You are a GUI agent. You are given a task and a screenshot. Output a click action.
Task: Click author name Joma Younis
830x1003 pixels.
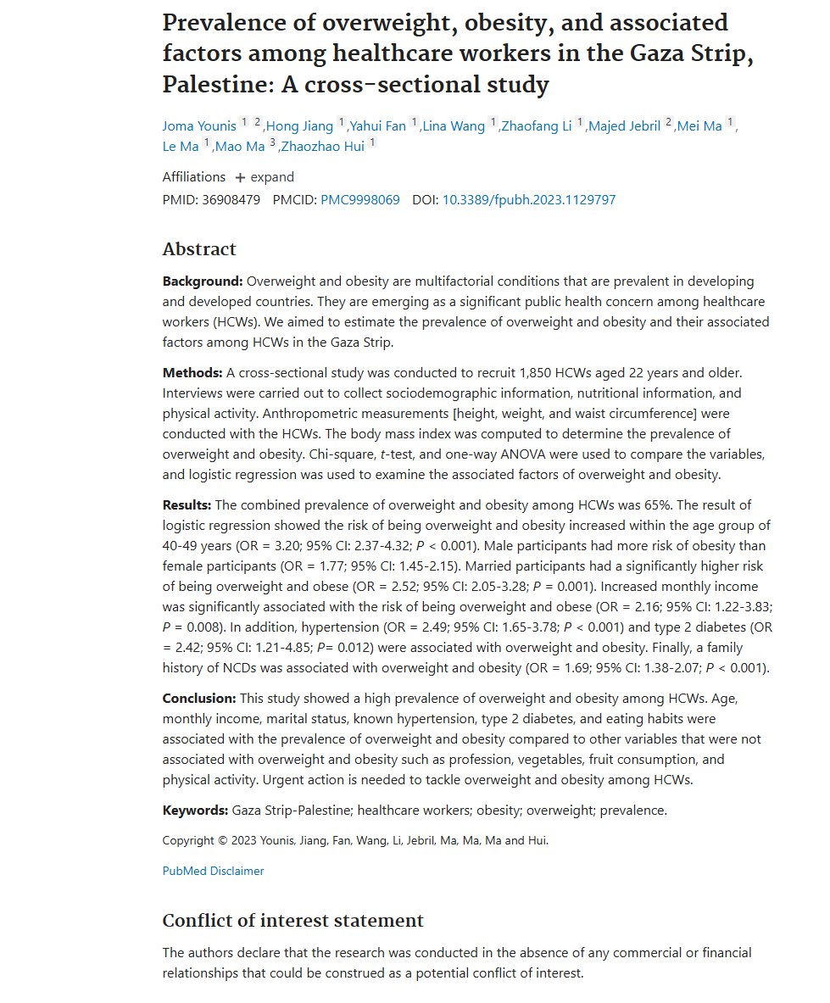coord(199,126)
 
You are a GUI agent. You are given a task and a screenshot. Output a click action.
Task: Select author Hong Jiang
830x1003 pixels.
coord(300,126)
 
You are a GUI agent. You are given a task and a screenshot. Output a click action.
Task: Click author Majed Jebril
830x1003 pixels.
coord(624,126)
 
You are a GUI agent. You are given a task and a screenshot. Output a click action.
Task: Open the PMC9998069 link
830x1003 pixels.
coord(360,200)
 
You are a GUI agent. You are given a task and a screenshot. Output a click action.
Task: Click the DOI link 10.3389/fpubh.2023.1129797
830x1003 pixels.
coord(529,200)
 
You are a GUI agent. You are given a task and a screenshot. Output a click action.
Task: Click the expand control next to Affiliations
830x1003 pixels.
coord(265,177)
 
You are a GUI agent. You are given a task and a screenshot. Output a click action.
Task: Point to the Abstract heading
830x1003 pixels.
coord(199,249)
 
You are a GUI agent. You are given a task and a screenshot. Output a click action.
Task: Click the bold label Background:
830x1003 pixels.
coord(203,281)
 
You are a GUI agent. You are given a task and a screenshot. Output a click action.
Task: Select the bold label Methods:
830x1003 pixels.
coord(192,373)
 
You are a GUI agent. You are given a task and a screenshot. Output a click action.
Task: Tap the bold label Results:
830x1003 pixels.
coord(187,505)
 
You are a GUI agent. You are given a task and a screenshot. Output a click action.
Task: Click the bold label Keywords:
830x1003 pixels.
coord(195,811)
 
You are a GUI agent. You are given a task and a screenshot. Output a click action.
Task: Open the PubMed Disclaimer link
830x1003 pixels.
coord(213,871)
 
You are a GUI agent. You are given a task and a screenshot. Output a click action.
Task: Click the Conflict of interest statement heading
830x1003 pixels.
coord(292,921)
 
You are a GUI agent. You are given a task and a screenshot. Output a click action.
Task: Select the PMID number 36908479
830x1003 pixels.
coord(231,200)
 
